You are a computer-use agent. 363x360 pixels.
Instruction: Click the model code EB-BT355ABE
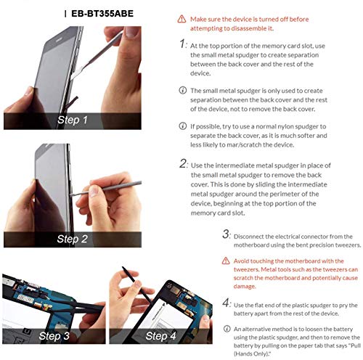click(x=102, y=14)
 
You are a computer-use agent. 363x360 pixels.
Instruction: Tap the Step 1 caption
click(x=73, y=120)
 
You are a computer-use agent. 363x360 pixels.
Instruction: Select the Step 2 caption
click(x=73, y=239)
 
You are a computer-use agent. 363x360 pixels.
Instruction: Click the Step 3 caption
click(x=54, y=336)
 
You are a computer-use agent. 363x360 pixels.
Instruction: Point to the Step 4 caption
click(x=160, y=336)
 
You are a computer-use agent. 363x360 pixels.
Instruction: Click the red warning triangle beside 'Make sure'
click(x=181, y=19)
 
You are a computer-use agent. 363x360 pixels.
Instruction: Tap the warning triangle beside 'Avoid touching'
click(x=226, y=261)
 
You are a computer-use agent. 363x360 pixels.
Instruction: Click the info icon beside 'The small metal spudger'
click(x=183, y=91)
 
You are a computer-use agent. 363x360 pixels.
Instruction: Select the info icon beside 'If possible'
click(x=183, y=126)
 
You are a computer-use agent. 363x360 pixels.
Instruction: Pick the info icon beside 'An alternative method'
click(x=227, y=329)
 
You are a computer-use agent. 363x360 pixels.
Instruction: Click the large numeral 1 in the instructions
click(x=183, y=44)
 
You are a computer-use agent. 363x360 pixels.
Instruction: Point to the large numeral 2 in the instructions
click(x=183, y=163)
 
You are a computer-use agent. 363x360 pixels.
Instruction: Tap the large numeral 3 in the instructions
click(x=226, y=234)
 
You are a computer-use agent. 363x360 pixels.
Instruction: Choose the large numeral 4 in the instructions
click(x=226, y=303)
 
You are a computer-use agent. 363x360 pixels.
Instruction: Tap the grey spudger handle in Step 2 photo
click(x=122, y=186)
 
